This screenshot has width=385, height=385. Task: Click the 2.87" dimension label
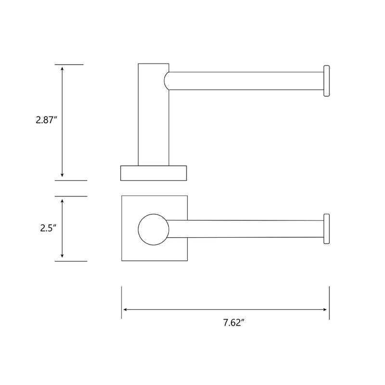47,120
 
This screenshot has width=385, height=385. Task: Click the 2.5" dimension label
49,228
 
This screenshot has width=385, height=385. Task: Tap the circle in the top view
153,229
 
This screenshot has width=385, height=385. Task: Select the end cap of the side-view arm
327,81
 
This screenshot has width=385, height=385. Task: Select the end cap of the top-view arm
327,229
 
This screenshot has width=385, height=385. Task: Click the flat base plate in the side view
154,172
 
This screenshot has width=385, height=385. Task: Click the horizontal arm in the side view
245,81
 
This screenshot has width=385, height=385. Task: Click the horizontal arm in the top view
245,229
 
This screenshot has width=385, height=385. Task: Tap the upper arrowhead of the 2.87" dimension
62,68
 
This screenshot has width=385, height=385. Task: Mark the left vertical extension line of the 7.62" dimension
122,302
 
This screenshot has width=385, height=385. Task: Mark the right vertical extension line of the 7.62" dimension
329,302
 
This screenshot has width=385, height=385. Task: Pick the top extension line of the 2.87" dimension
69,64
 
